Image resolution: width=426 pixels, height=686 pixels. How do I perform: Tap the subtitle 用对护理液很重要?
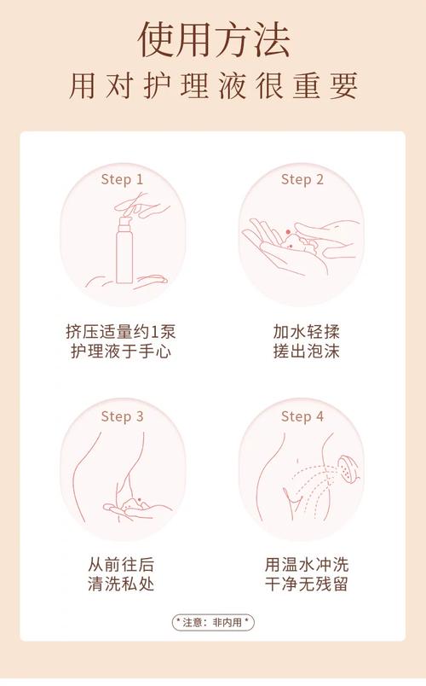pos(213,86)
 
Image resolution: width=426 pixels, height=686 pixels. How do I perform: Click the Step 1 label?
pos(122,179)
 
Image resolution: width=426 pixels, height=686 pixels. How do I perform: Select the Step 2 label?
pos(302,179)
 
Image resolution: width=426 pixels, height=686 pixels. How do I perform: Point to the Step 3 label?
pos(122,416)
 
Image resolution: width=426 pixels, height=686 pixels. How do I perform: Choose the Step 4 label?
pos(302,416)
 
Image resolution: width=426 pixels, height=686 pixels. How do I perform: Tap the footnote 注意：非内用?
pos(213,622)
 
